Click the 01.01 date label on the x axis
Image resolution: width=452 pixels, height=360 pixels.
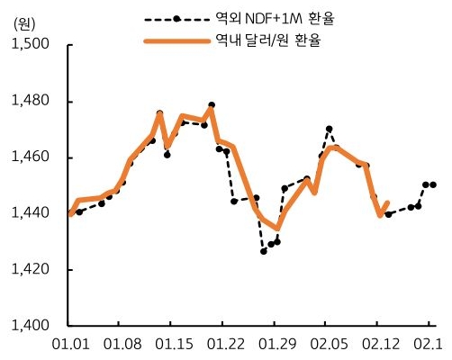click(x=69, y=344)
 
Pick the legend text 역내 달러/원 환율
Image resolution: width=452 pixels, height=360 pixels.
click(x=257, y=40)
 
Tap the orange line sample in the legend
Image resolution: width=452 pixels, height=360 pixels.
click(x=176, y=40)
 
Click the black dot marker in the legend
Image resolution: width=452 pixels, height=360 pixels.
click(x=176, y=18)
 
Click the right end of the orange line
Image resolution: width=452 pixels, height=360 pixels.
click(x=386, y=203)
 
